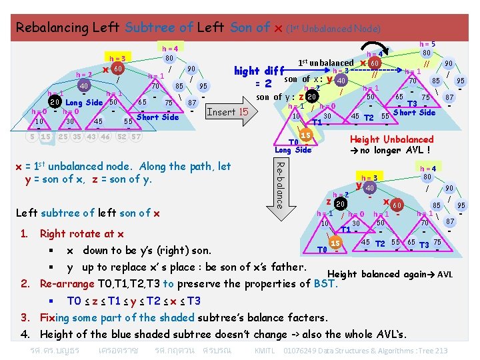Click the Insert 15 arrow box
(x=227, y=112)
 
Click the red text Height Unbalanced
(x=392, y=139)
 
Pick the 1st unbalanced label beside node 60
(x=326, y=63)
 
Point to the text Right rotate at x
(x=82, y=234)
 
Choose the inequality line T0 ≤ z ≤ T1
(x=133, y=301)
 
